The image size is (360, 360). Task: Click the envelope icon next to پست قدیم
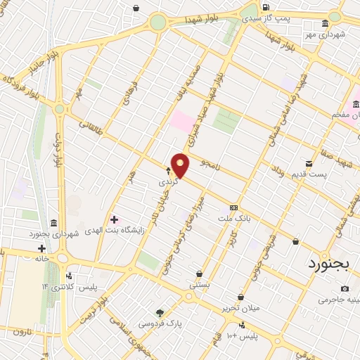point(307,162)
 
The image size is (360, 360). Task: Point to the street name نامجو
point(210,163)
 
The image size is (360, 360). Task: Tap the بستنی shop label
point(199,285)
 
